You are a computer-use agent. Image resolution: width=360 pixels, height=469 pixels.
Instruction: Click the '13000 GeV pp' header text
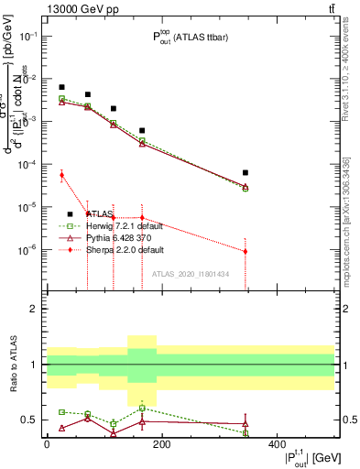coord(76,8)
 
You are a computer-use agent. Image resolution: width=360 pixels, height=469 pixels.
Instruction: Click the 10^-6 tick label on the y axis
coord(29,249)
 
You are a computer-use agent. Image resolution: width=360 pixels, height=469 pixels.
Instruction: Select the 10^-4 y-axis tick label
coord(29,164)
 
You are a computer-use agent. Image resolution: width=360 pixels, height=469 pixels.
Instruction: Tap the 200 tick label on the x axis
coord(161,444)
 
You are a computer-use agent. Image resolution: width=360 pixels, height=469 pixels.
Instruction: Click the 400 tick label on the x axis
coord(276,444)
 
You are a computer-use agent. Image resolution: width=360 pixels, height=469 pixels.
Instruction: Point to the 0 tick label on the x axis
coord(47,444)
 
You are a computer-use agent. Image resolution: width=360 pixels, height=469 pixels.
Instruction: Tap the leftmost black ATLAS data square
coord(61,87)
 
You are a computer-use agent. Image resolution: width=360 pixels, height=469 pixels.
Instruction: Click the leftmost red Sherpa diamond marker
coord(61,174)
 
